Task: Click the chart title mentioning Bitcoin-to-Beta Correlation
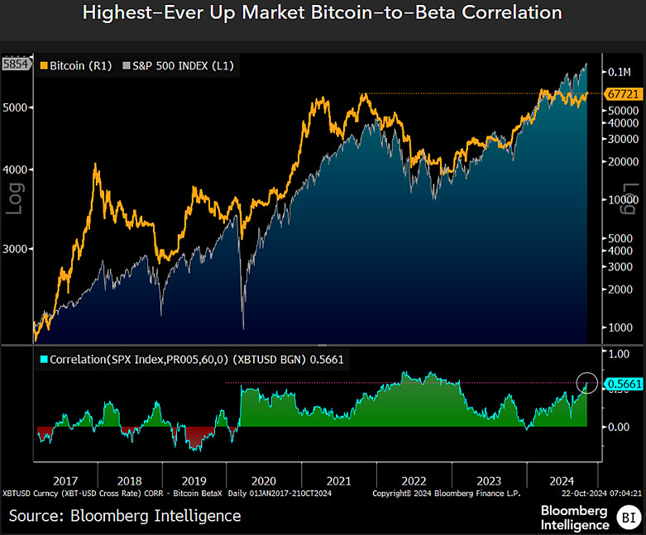point(323,13)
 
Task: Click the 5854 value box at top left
point(16,62)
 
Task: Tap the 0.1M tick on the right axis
point(620,72)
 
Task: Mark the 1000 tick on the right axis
point(619,327)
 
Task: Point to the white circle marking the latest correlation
point(587,382)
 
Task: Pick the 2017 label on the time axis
point(65,480)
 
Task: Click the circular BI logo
point(626,518)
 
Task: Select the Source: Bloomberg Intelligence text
point(125,516)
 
